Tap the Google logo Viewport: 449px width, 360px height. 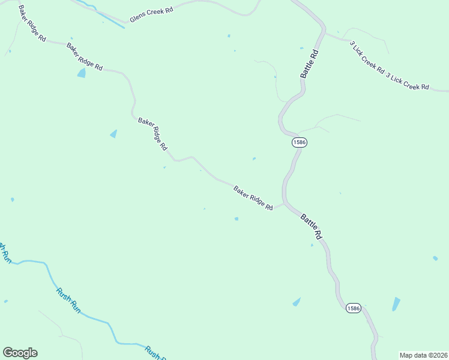pyautogui.click(x=20, y=353)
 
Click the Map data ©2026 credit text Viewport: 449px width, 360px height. pyautogui.click(x=423, y=355)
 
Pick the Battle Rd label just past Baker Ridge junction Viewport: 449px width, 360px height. pyautogui.click(x=312, y=227)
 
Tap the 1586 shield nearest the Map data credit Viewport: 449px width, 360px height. pyautogui.click(x=354, y=308)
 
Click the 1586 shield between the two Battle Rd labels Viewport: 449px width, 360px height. pyautogui.click(x=299, y=142)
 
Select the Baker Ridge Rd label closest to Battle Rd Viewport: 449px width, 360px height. pyautogui.click(x=253, y=197)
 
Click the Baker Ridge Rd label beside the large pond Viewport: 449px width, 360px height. pyautogui.click(x=85, y=57)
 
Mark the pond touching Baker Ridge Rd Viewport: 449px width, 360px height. pyautogui.click(x=81, y=73)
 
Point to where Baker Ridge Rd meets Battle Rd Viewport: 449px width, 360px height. pyautogui.click(x=284, y=203)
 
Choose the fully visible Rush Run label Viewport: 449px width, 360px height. pyautogui.click(x=68, y=300)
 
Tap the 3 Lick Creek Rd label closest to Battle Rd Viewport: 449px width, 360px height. pyautogui.click(x=367, y=57)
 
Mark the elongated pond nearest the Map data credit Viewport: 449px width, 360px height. pyautogui.click(x=396, y=304)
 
